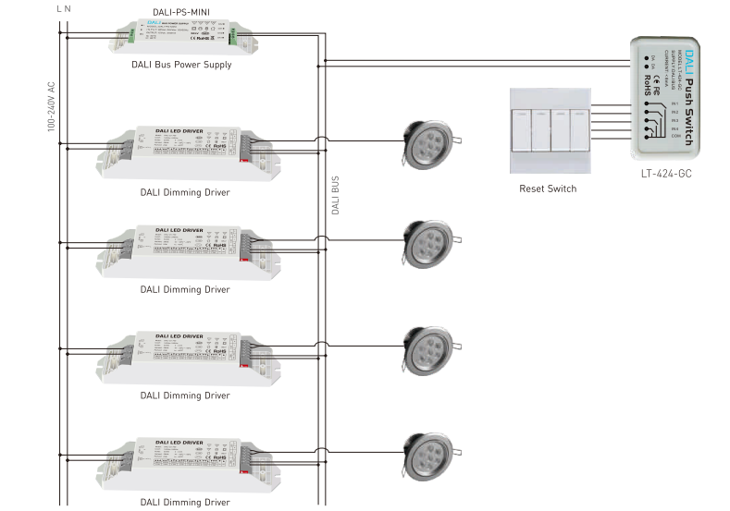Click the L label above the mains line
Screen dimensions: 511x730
pyautogui.click(x=59, y=8)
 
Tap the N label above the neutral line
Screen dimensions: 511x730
pyautogui.click(x=67, y=8)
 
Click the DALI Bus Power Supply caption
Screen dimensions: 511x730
pyautogui.click(x=182, y=66)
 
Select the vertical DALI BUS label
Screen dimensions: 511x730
pyautogui.click(x=335, y=195)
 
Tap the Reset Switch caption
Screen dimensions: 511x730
pyautogui.click(x=548, y=189)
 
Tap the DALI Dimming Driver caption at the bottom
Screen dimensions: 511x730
pyautogui.click(x=185, y=502)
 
